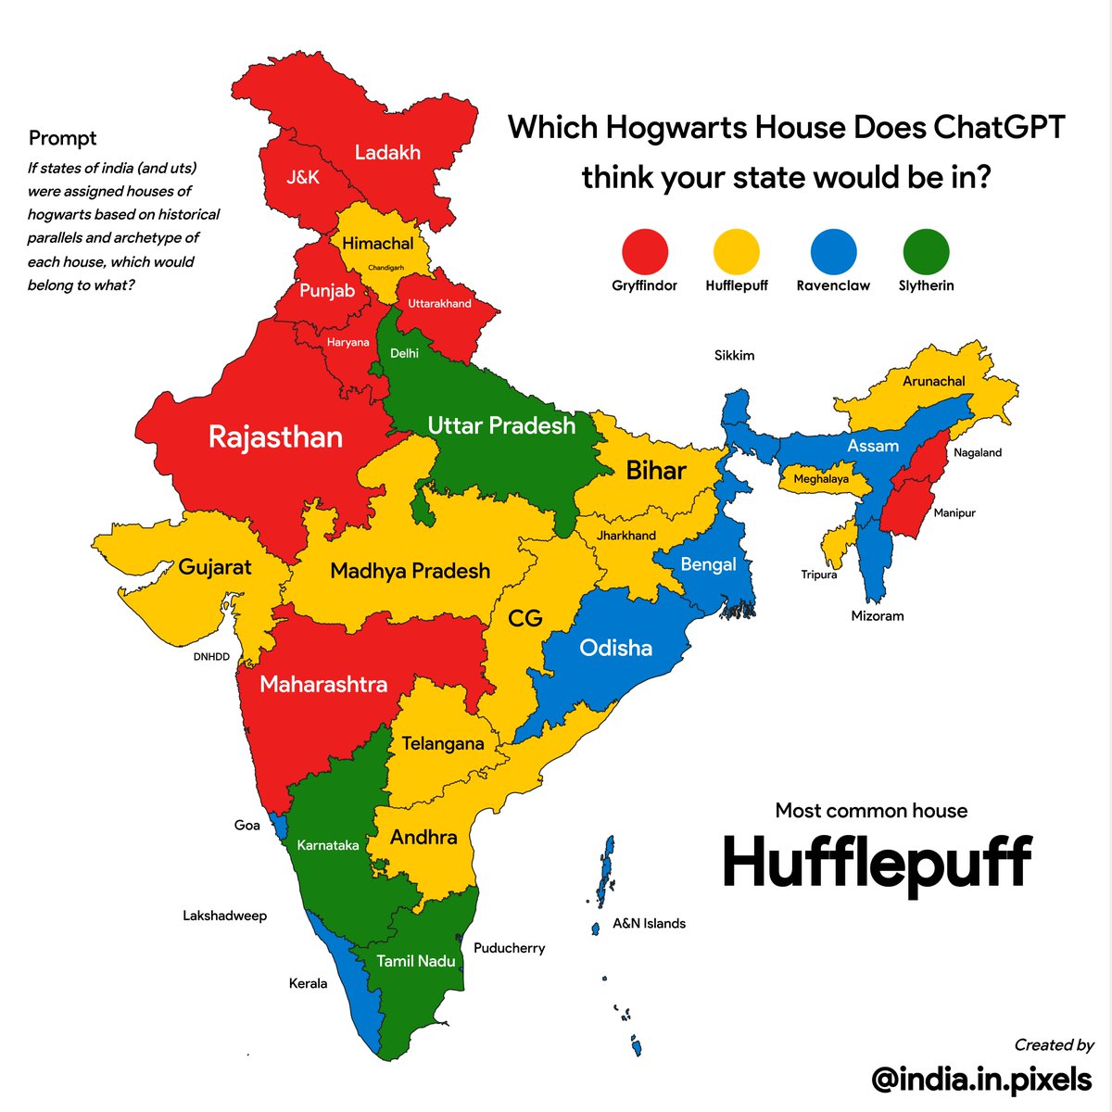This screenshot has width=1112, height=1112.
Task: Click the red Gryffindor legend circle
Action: click(x=644, y=251)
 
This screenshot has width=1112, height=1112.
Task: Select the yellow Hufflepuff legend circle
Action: click(x=737, y=251)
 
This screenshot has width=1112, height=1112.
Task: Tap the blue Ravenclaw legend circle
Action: click(x=833, y=251)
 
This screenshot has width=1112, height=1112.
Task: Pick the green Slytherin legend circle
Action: click(x=926, y=251)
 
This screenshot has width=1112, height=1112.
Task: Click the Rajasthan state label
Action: click(x=275, y=436)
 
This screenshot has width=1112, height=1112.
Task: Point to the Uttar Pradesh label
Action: click(x=501, y=425)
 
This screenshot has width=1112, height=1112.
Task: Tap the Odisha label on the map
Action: click(x=615, y=648)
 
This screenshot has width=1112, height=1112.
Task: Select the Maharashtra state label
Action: click(x=323, y=685)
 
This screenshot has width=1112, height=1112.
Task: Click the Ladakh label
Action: click(x=387, y=153)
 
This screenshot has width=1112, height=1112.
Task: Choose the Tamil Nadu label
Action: click(x=415, y=961)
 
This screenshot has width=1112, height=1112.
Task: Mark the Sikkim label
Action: click(x=734, y=355)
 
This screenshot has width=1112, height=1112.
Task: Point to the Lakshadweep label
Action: click(x=224, y=916)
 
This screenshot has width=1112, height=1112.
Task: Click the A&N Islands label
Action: click(x=649, y=923)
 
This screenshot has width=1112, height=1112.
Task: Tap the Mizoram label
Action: click(x=877, y=615)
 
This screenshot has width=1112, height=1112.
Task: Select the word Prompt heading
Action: click(x=62, y=138)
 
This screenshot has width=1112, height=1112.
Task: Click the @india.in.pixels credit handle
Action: click(x=981, y=1079)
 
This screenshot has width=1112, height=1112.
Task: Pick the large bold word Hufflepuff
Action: click(x=876, y=862)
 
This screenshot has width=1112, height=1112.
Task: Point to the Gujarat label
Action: click(x=214, y=566)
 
